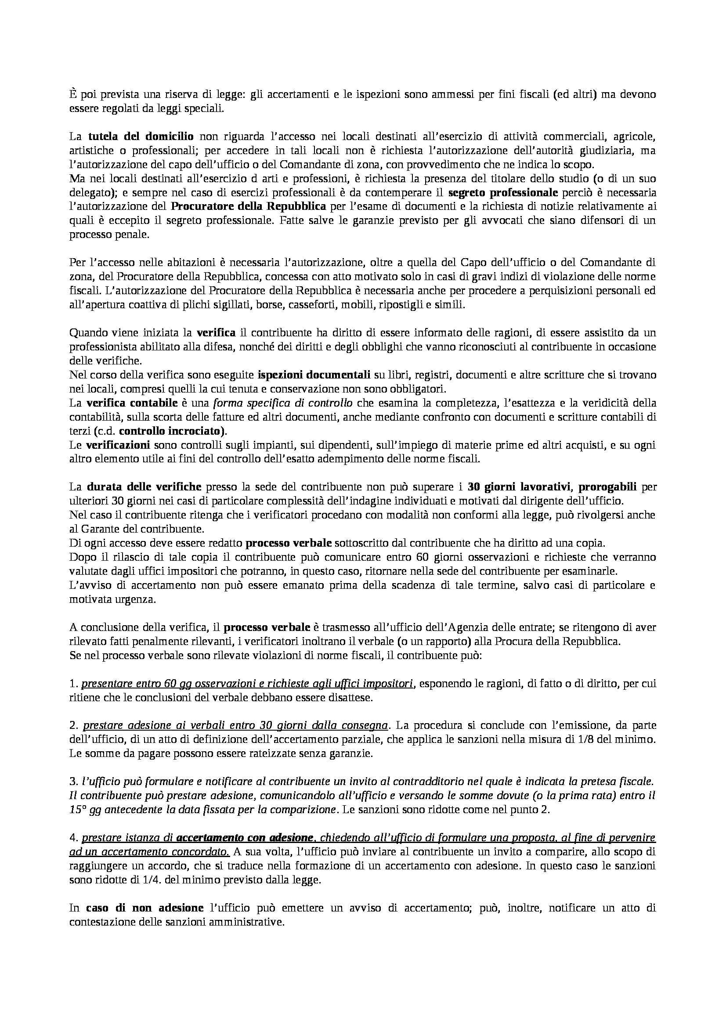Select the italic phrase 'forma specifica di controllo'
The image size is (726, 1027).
[x=283, y=403]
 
